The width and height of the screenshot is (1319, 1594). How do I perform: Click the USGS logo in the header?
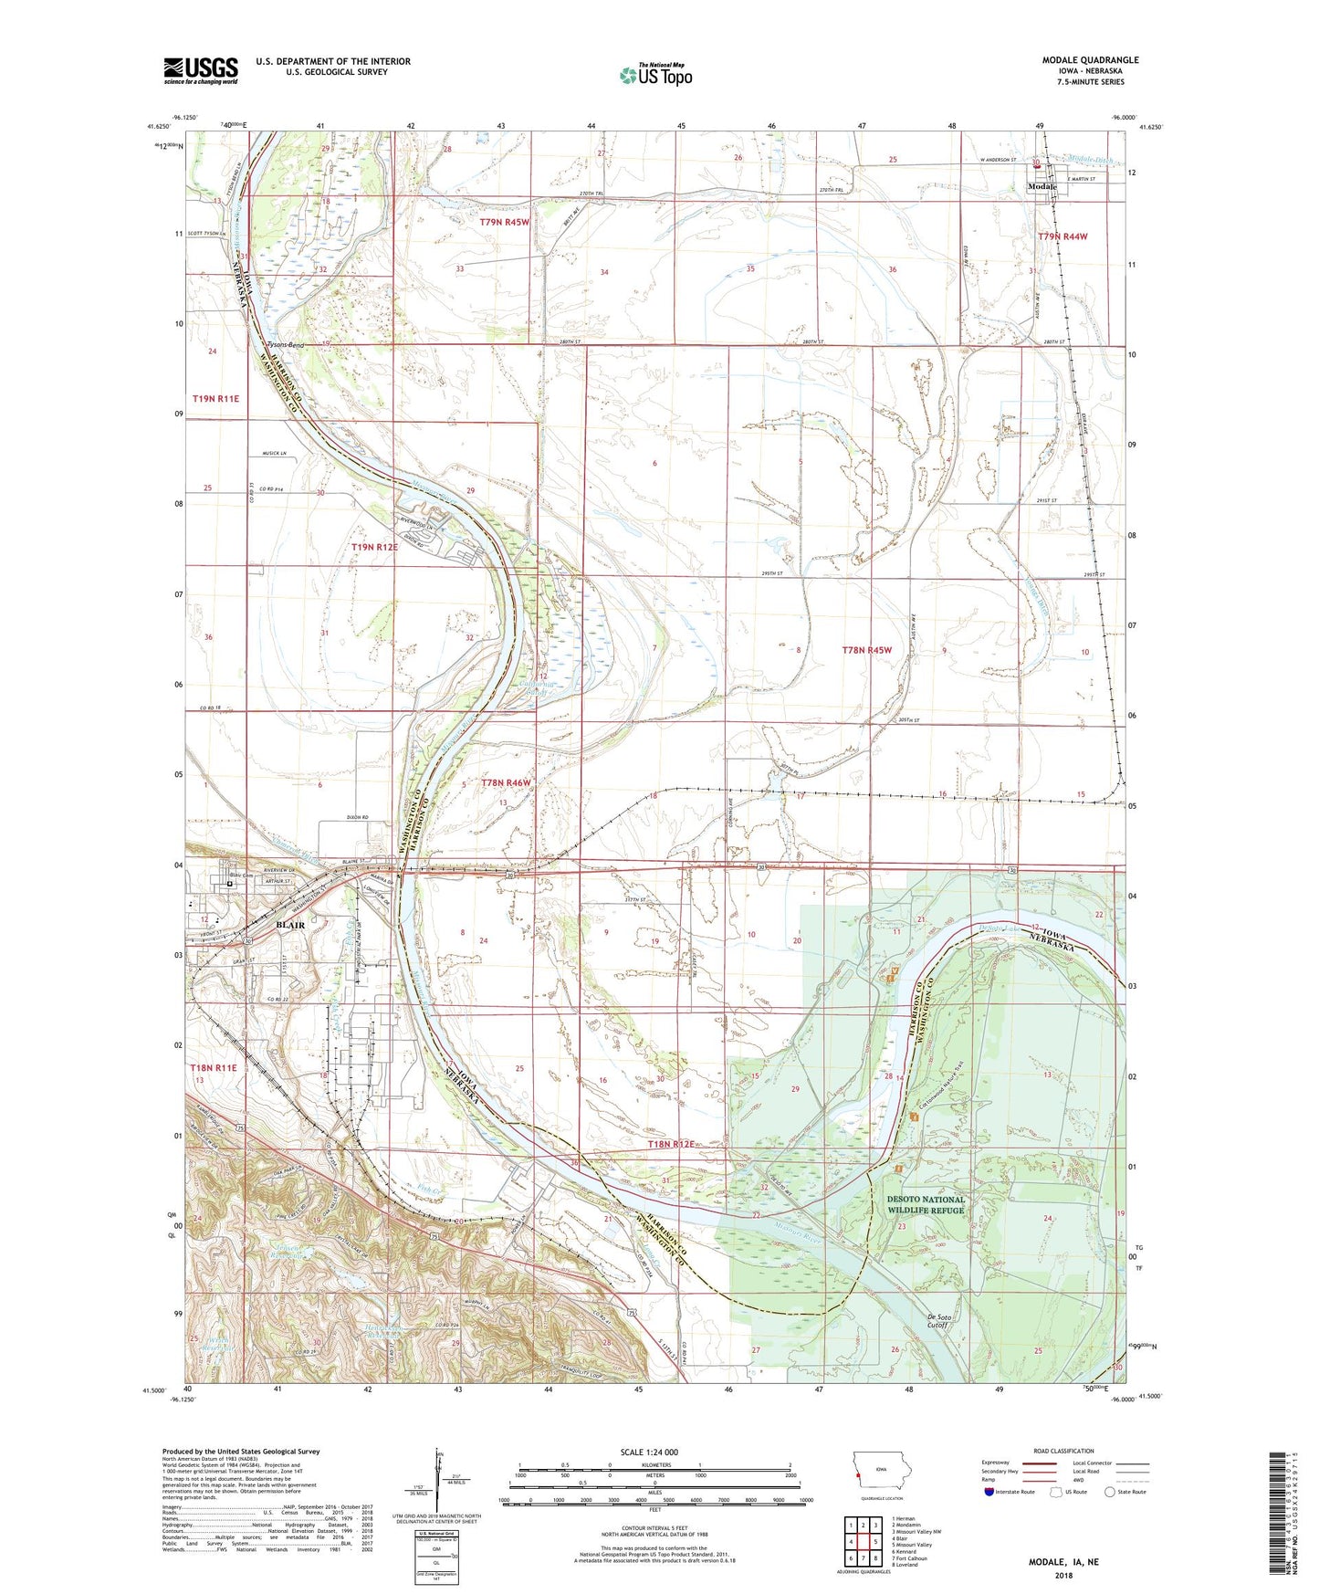(201, 70)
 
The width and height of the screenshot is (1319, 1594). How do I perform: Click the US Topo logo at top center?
(655, 75)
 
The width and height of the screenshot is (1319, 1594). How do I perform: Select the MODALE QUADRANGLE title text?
(1090, 60)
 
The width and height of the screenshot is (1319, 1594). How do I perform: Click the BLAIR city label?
(289, 925)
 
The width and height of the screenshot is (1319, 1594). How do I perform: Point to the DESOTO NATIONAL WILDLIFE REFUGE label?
(925, 1205)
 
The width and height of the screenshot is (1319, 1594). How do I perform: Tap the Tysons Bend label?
(285, 345)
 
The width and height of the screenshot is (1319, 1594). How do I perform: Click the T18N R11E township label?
(214, 1067)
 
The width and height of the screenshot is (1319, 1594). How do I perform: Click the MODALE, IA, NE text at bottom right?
(1063, 1562)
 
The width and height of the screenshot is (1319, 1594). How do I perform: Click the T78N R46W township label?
(506, 783)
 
